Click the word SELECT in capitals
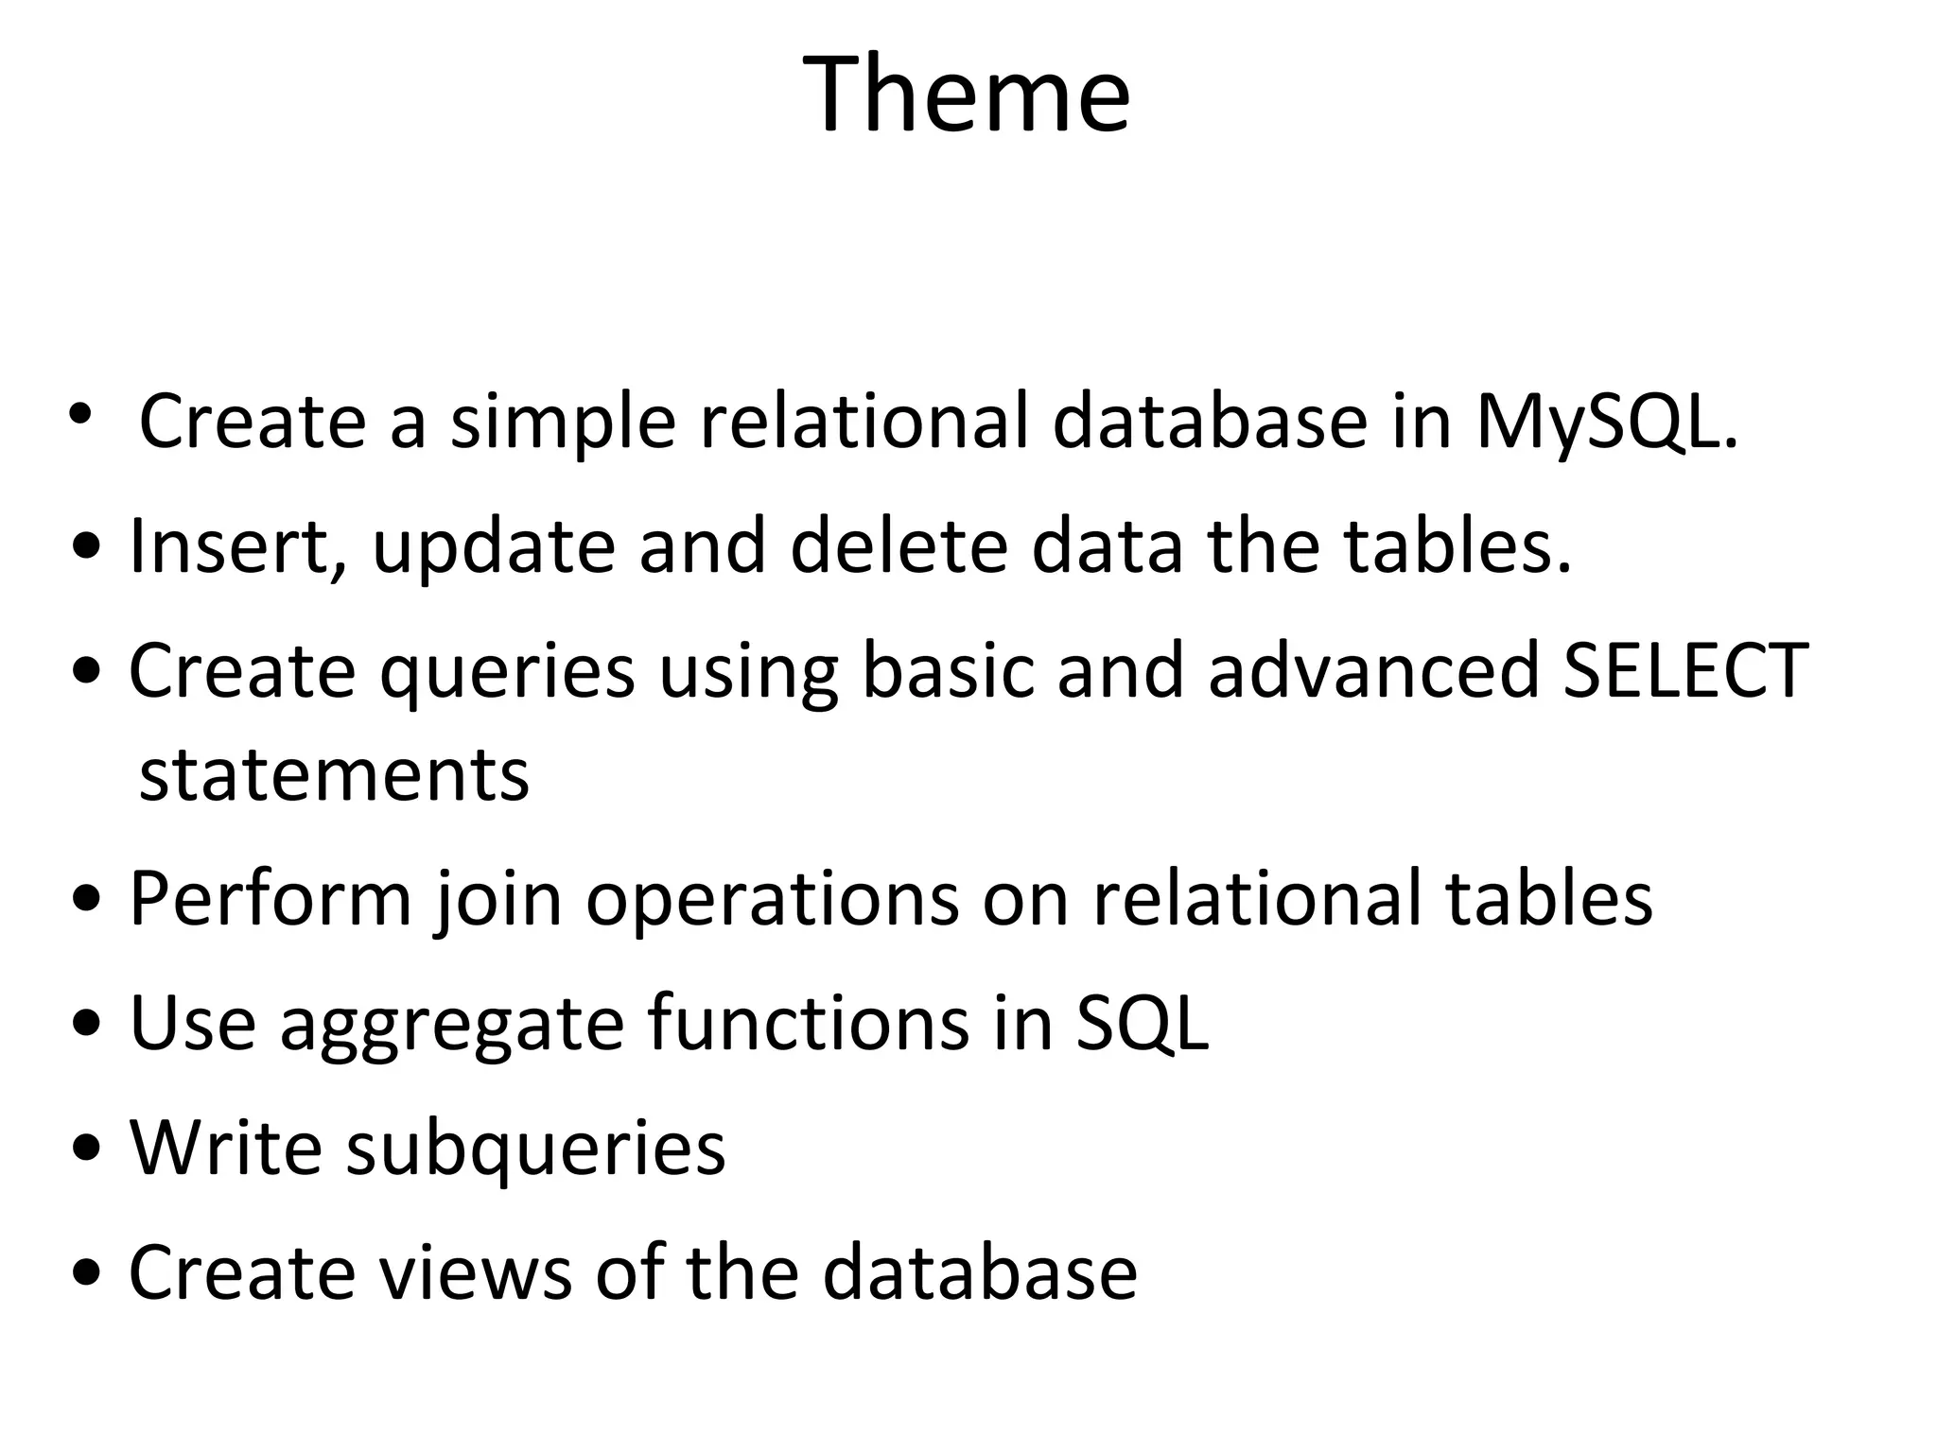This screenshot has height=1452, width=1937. coord(1685,670)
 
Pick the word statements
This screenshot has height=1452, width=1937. coord(334,774)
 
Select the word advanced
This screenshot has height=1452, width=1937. coord(1374,670)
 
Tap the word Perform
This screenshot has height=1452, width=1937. coord(270,898)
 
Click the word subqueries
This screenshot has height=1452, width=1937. coord(535,1149)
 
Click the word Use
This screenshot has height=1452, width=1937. coord(192,1023)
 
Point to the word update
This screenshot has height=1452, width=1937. coord(494,547)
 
